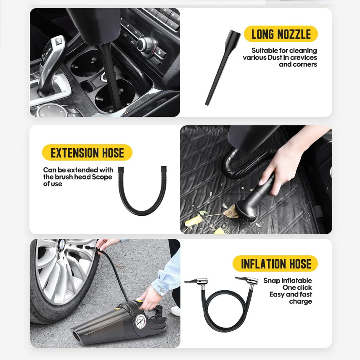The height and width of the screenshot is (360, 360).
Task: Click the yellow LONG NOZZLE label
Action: pyautogui.click(x=281, y=34)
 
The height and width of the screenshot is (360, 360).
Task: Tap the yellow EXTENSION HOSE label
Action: pyautogui.click(x=87, y=153)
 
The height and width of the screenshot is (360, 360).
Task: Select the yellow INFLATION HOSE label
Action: pyautogui.click(x=275, y=264)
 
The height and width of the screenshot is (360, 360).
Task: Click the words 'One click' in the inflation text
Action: pyautogui.click(x=297, y=288)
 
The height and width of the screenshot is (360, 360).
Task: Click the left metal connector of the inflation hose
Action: pyautogui.click(x=196, y=281)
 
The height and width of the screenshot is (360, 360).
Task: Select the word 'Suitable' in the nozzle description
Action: pyautogui.click(x=264, y=51)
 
